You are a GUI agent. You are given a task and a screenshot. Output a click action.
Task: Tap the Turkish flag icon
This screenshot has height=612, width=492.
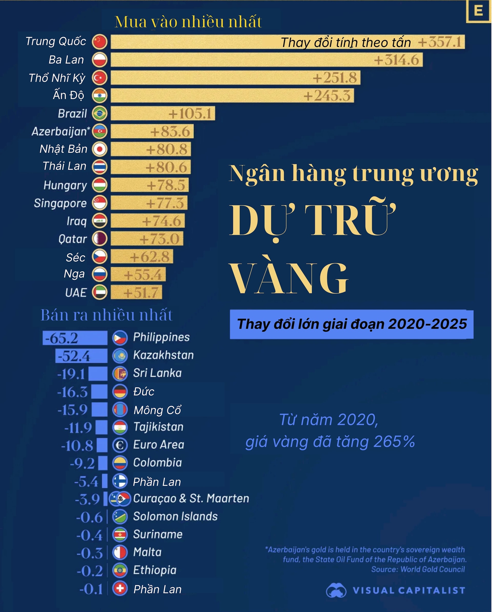[99, 78]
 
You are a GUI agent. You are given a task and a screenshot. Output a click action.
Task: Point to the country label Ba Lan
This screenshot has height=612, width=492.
[66, 60]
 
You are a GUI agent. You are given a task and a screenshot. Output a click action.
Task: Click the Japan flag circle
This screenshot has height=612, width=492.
[99, 149]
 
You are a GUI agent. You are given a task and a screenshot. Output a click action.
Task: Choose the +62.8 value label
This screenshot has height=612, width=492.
[150, 257]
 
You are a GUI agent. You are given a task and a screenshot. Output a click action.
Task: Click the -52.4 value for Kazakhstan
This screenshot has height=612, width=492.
[74, 356]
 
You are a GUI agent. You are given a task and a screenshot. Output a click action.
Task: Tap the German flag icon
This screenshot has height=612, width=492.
[120, 392]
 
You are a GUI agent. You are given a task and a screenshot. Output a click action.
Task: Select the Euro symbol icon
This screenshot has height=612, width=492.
[120, 445]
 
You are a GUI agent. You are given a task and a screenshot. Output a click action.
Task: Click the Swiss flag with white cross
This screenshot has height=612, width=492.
[120, 589]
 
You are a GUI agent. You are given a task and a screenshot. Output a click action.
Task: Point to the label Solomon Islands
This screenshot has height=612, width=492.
[175, 517]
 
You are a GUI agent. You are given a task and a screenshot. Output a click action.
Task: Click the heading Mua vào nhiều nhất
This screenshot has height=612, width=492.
[188, 22]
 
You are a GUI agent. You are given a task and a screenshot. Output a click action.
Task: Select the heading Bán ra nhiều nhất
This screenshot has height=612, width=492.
[107, 315]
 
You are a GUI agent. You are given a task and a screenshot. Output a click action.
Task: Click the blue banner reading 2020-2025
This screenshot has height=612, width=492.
[351, 324]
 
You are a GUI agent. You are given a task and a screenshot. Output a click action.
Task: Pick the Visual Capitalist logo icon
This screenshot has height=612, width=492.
[336, 590]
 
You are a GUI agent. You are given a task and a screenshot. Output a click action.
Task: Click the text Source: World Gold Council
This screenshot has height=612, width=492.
[418, 569]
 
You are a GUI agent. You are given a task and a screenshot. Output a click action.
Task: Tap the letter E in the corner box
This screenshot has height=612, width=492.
[478, 11]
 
